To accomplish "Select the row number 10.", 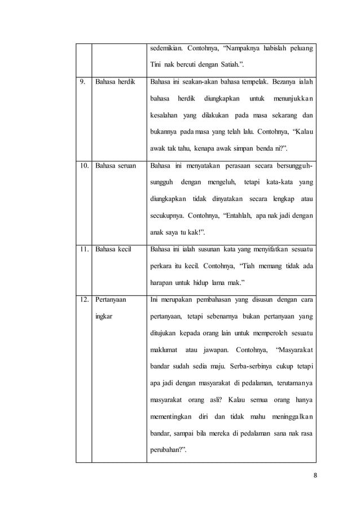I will coord(85,167).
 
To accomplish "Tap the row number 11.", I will coord(85,248).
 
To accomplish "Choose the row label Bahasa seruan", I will coord(116,167).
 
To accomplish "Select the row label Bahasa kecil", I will coord(113,248).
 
